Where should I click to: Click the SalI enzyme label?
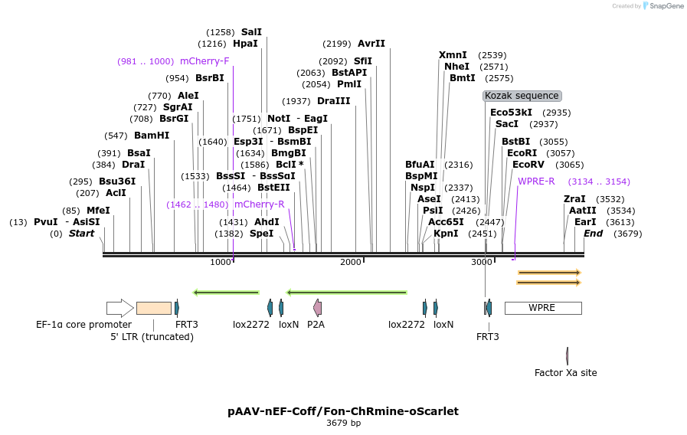coord(251,32)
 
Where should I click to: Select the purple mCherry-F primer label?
coord(204,61)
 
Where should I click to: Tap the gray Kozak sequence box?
coord(522,96)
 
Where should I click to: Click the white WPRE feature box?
coord(542,308)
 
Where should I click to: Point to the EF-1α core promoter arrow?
coord(119,308)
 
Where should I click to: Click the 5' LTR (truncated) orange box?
coord(153,308)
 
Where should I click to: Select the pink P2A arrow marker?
coord(317,308)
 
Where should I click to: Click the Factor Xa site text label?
coord(565,373)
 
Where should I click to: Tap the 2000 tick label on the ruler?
coord(351,262)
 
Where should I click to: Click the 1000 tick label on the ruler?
coord(221,262)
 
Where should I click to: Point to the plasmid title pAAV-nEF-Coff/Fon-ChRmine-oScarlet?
coord(343,411)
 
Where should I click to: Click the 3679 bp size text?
coord(343,423)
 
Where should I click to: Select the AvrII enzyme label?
coord(371,44)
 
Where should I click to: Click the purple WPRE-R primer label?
coord(536,182)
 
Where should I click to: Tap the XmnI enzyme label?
coord(453,55)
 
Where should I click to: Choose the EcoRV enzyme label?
coord(527,165)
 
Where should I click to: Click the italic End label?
coord(593,234)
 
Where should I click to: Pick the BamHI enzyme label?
coord(152,136)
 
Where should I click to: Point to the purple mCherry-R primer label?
coord(259,204)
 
